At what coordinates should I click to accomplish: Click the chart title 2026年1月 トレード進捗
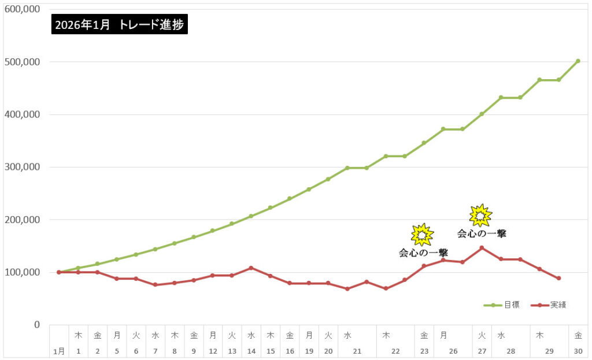tap(119, 24)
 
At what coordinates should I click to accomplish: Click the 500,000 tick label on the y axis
tap(23, 62)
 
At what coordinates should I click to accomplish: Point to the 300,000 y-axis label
tap(23, 167)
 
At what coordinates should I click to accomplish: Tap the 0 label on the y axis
tap(36, 325)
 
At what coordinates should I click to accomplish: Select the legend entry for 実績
tap(548, 305)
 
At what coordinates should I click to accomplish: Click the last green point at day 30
tap(578, 61)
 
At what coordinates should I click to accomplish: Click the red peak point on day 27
tap(482, 248)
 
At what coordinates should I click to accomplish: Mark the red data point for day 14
tap(251, 268)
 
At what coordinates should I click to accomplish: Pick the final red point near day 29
tap(559, 278)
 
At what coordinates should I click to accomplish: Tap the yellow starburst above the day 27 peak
tap(480, 216)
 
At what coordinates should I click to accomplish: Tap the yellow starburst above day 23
tap(422, 235)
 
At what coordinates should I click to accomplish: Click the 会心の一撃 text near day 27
tap(482, 234)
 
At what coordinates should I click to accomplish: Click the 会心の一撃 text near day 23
tap(423, 253)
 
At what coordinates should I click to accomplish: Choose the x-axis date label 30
tap(578, 351)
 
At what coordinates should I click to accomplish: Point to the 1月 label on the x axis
tap(59, 351)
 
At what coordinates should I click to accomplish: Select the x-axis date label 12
tap(213, 351)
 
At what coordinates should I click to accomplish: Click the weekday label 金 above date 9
tap(194, 335)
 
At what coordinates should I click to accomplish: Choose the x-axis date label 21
tap(357, 351)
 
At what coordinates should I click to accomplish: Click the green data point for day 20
tap(328, 179)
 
